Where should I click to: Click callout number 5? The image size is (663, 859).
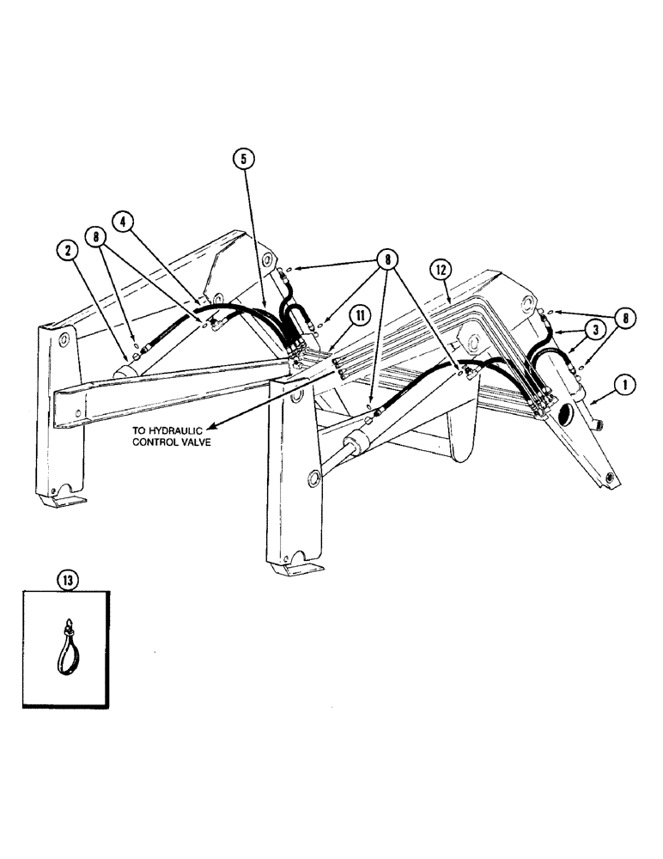243,158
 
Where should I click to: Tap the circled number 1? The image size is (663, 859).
627,387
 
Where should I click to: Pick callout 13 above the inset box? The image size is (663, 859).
68,579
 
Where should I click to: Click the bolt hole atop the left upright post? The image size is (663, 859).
62,343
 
